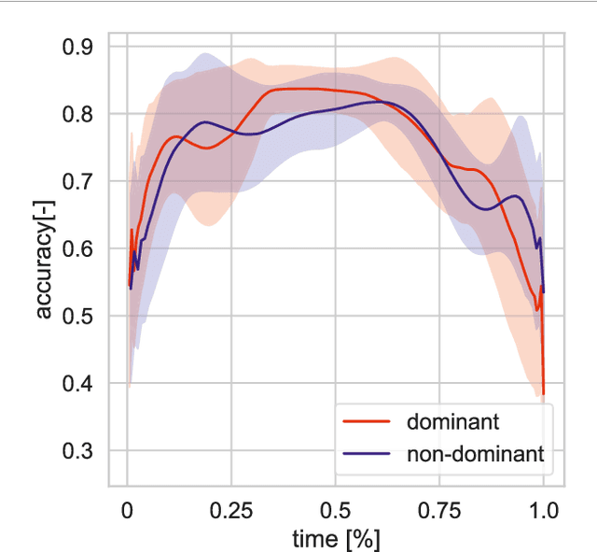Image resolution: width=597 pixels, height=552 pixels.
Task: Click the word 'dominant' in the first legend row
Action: [x=444, y=422]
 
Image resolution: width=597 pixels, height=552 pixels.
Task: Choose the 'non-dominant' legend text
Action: [x=475, y=455]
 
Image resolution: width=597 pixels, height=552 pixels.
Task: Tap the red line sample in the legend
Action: [x=368, y=422]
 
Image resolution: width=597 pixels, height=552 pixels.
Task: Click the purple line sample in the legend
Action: [x=368, y=455]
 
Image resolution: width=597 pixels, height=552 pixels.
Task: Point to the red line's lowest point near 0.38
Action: [x=543, y=394]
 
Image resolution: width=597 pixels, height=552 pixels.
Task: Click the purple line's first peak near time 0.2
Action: [x=204, y=122]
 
